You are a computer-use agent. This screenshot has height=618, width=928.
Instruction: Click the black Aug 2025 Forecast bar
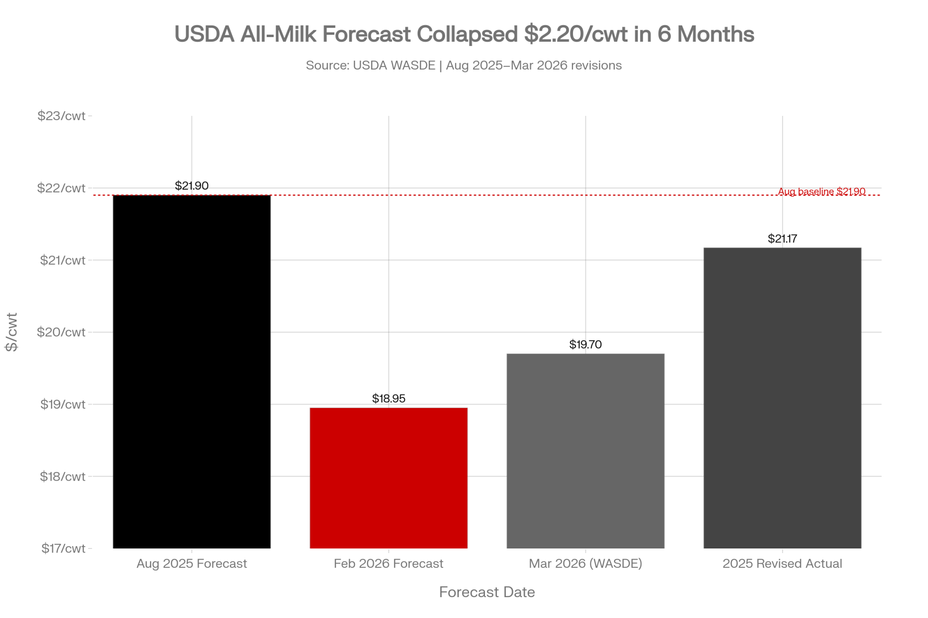coord(192,371)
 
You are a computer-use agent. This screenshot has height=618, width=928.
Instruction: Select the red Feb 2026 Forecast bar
coord(389,478)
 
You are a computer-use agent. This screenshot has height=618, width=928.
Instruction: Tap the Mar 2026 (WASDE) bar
coord(586,451)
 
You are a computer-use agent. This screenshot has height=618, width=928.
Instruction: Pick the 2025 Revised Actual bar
coord(782,398)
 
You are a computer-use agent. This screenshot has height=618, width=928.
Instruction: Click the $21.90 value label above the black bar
coord(192,186)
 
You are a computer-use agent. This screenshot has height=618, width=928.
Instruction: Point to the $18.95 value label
coord(389,399)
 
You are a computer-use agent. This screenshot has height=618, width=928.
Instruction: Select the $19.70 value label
coord(586,344)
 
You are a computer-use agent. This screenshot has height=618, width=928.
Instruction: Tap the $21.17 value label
coord(782,239)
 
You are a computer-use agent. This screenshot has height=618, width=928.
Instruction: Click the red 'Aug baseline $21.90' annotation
coord(822,191)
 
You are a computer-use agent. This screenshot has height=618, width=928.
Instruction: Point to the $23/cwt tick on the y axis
coord(62,116)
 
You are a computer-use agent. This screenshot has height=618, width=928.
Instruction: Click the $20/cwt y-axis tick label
coord(62,332)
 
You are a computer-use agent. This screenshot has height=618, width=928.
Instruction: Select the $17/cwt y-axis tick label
coord(64,548)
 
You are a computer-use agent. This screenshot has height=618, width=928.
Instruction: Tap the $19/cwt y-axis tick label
coord(63,404)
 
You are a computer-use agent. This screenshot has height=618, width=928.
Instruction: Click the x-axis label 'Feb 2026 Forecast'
coord(389,564)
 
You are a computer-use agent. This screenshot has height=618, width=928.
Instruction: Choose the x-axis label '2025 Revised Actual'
coord(782,564)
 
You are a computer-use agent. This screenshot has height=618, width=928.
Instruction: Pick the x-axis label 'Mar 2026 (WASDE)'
coord(586,564)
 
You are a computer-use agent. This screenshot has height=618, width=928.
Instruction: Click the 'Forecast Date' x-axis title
coord(487,592)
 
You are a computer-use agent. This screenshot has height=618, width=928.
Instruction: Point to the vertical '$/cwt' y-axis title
coord(12,332)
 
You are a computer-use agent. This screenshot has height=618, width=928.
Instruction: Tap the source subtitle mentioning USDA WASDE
coord(464,65)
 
